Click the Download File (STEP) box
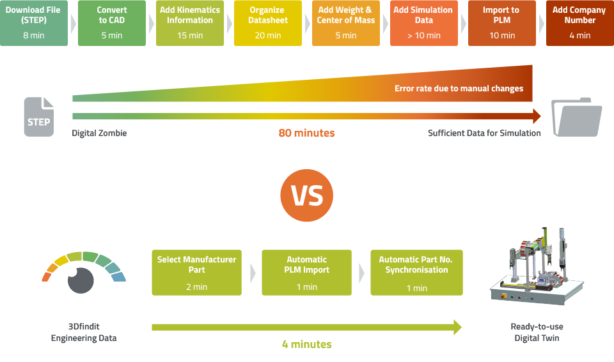point(33,23)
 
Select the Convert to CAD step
point(112,23)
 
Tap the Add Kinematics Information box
point(190,23)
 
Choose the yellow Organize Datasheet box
point(268,23)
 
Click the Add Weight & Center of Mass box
point(346,23)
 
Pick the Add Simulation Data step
point(424,23)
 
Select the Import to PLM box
point(502,23)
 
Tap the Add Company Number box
point(580,23)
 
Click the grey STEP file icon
point(38,117)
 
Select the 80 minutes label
point(306,133)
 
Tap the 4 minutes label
point(306,345)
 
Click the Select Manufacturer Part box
point(197,273)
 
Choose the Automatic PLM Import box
point(307,273)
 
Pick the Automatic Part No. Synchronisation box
point(416,273)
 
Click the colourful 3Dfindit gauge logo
point(84,275)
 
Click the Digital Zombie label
point(99,133)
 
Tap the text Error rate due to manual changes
point(459,89)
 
